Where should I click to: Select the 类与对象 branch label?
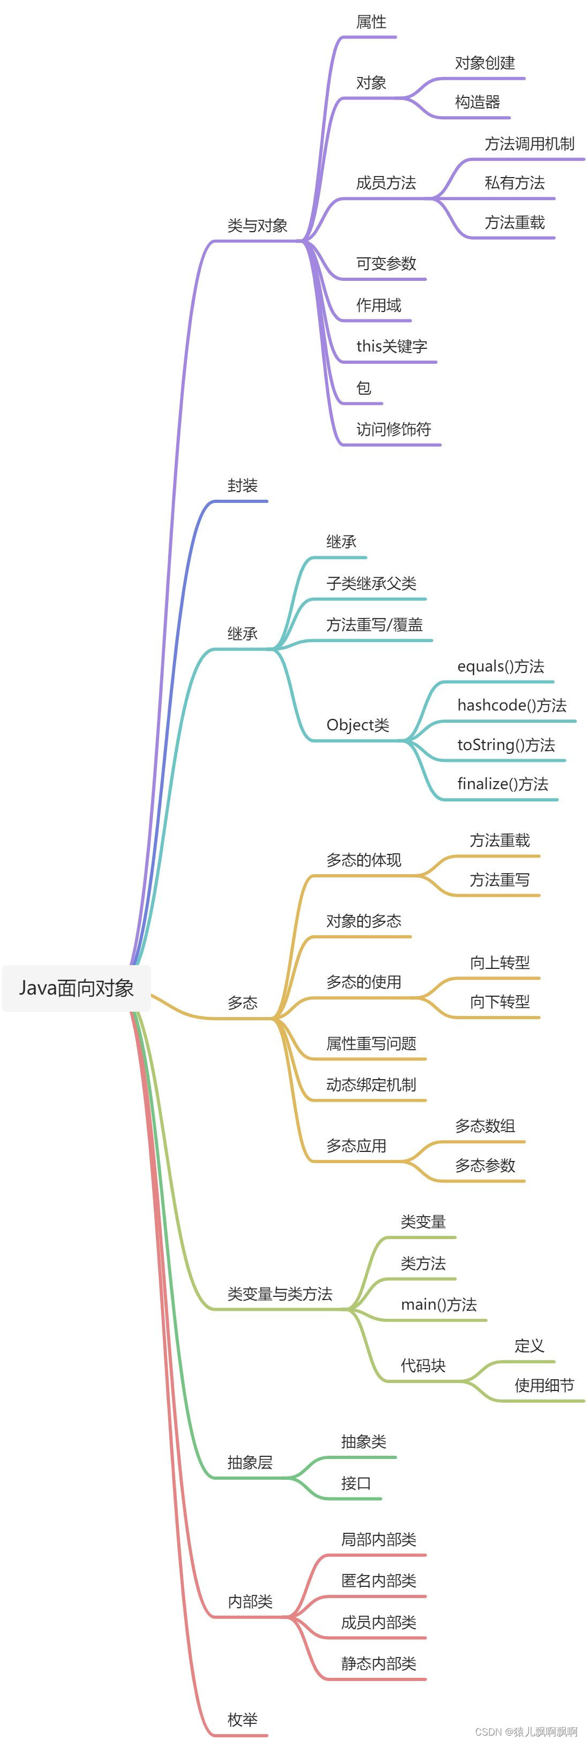[257, 225]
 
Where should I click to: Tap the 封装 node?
[242, 486]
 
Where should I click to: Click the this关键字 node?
[392, 346]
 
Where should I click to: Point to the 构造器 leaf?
[477, 102]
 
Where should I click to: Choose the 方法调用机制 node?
[529, 143]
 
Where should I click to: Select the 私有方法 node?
[514, 182]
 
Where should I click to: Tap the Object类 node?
[357, 725]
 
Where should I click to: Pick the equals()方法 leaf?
[501, 666]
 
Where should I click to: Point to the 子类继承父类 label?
[371, 583]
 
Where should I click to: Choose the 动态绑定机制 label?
[371, 1084]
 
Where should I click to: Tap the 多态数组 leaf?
[485, 1126]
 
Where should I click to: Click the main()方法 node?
[439, 1304]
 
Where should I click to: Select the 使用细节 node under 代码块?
[544, 1386]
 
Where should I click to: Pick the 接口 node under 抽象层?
[356, 1483]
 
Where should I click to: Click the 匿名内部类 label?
[378, 1580]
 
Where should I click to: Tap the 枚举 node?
[242, 1720]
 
